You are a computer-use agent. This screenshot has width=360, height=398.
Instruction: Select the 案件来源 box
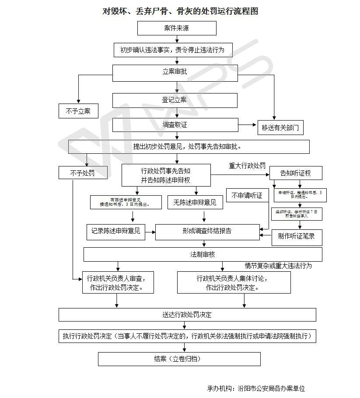tap(177, 28)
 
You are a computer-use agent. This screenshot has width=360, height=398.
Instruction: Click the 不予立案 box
tap(78, 111)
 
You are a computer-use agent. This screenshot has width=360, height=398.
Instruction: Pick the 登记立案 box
tap(175, 100)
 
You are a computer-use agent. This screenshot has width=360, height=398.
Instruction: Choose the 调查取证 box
tap(175, 125)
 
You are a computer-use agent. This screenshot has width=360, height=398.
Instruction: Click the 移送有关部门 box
tap(280, 128)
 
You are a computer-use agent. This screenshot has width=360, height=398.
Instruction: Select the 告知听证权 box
tap(296, 173)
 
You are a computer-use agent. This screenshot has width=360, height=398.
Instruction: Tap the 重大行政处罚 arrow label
tap(247, 166)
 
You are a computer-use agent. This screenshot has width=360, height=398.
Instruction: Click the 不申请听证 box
tap(247, 196)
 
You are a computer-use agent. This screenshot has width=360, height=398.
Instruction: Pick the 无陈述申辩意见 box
tap(195, 202)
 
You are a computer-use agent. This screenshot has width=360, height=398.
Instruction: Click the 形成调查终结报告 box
tap(207, 232)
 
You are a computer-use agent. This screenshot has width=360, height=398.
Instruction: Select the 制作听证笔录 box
tap(297, 237)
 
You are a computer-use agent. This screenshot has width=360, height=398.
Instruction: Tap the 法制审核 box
tap(203, 254)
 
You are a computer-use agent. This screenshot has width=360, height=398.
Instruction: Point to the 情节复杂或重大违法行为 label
tap(278, 265)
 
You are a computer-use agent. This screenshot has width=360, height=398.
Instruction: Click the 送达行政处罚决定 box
tap(187, 315)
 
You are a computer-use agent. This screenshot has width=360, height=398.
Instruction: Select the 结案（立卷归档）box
tap(179, 359)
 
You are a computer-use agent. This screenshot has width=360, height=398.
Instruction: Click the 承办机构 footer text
tap(256, 388)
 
